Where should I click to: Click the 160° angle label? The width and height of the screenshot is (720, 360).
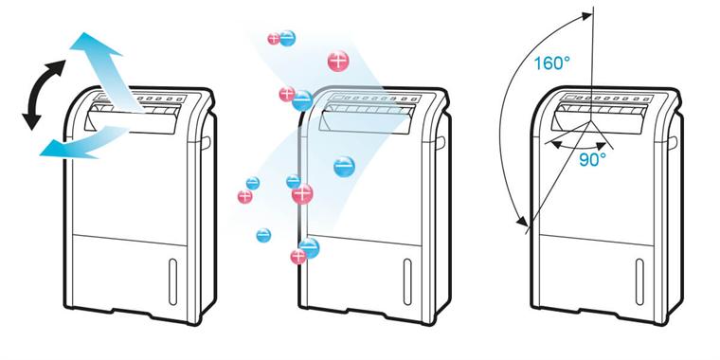[552, 63]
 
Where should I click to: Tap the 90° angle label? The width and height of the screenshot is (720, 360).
[592, 160]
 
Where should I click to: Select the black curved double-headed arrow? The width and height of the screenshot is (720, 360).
[43, 94]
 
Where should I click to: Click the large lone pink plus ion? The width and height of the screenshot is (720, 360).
[338, 61]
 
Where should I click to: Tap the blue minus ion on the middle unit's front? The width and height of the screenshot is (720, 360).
[344, 167]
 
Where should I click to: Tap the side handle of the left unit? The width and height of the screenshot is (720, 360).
[207, 141]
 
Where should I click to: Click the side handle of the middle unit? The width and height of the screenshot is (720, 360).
[441, 141]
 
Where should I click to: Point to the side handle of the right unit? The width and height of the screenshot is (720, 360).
[671, 141]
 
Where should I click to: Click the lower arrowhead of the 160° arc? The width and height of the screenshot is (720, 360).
[522, 224]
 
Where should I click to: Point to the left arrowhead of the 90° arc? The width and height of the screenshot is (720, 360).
[551, 146]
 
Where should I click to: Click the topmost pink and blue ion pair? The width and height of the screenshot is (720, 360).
[281, 39]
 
